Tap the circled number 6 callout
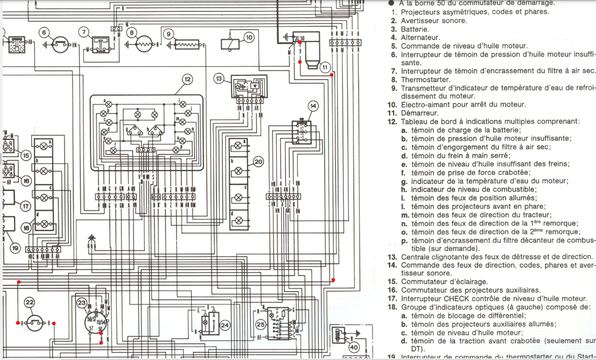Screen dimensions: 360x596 tap(44, 32)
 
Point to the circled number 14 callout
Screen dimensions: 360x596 tap(313, 105)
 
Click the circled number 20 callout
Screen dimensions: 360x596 tap(258, 161)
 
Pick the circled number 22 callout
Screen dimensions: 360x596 tap(30, 303)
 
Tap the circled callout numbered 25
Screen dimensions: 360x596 tap(261, 324)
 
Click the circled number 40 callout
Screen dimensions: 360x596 tap(354, 348)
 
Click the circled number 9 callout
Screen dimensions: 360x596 tap(169, 34)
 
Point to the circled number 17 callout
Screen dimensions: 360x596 tap(25, 206)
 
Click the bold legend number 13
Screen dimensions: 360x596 tap(392, 256)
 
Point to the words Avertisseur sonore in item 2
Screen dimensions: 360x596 tap(434, 20)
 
